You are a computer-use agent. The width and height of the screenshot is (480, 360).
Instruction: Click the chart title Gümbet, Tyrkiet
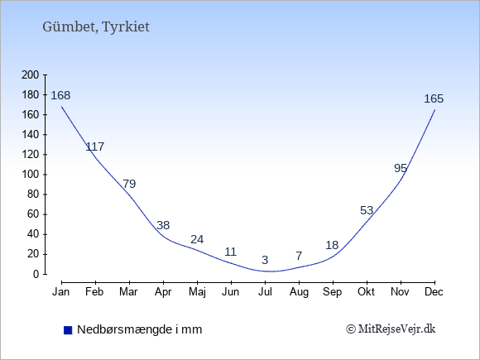click(96, 27)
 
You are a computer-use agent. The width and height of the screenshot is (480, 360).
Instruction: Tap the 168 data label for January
click(60, 95)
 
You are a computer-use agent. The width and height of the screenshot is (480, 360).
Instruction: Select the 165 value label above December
click(434, 98)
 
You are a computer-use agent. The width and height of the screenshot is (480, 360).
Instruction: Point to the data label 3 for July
click(265, 260)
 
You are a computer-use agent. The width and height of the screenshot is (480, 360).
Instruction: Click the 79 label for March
click(129, 184)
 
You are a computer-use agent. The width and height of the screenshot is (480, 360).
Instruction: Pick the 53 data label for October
click(367, 210)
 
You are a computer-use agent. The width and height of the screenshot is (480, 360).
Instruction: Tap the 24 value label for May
click(197, 239)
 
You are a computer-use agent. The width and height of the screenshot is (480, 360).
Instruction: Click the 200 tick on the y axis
click(31, 75)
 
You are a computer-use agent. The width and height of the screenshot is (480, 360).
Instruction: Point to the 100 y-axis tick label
click(31, 175)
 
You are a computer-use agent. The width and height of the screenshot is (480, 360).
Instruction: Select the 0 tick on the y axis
click(36, 274)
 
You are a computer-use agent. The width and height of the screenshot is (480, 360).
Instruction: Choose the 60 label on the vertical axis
click(33, 214)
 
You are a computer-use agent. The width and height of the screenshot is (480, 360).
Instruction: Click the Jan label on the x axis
click(61, 292)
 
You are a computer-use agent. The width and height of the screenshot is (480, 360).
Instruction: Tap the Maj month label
click(197, 292)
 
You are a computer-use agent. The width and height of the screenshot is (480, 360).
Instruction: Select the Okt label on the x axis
click(366, 292)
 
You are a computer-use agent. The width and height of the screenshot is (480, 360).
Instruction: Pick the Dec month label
click(434, 292)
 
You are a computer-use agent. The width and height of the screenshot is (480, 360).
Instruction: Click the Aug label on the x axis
click(299, 292)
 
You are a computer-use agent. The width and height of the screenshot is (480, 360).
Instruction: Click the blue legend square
click(68, 330)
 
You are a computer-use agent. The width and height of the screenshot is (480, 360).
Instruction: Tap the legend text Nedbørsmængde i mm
click(140, 329)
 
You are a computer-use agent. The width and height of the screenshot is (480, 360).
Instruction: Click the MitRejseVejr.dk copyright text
click(391, 329)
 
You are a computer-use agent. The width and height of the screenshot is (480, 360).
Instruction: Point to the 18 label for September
click(332, 246)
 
